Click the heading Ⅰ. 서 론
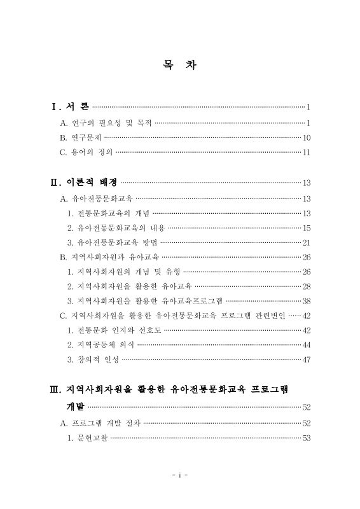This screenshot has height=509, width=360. tap(71, 106)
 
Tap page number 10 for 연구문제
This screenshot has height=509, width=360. tap(306, 137)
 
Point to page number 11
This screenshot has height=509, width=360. tap(306, 152)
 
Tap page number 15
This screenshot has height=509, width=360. tap(306, 228)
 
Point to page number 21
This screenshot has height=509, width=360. tap(306, 242)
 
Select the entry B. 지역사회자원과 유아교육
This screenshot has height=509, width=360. tap(109, 257)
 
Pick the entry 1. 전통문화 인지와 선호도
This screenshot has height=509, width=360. tap(114, 330)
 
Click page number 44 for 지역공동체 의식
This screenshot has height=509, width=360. tap(306, 345)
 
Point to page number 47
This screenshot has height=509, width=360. tap(306, 359)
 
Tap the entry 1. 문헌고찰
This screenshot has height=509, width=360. tap(88, 437)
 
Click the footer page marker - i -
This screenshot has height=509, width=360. tap(179, 475)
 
